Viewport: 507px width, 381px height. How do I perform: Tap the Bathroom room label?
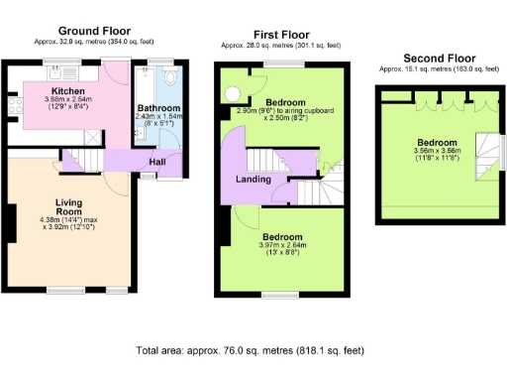coord(157,107)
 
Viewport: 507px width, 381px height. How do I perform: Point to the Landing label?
coord(253,179)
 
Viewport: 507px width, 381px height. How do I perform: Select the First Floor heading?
coord(280,33)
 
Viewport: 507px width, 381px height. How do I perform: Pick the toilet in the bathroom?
coord(169,76)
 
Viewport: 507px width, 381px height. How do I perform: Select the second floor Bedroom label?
coord(435,141)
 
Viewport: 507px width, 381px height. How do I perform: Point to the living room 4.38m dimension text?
coord(50,219)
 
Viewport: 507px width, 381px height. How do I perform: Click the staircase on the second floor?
coord(484,158)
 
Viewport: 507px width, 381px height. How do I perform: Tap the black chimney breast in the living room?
coord(12,227)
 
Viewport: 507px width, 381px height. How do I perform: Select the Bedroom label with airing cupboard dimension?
coord(287,102)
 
